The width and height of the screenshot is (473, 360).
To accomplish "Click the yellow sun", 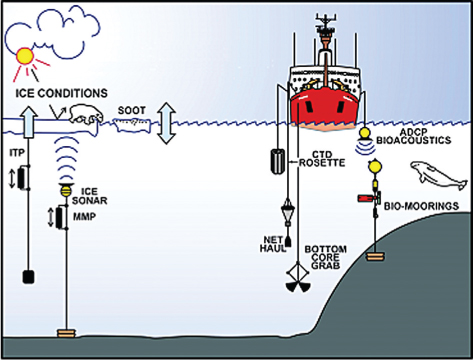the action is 25,56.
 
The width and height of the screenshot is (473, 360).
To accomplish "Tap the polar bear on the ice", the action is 86,115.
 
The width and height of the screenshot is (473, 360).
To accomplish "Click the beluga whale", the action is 438,175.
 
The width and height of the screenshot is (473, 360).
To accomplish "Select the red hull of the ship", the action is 324,107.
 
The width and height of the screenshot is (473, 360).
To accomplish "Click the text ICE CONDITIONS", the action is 62,93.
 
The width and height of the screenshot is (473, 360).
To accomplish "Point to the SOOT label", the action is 132,110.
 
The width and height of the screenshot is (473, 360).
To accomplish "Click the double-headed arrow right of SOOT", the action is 167,123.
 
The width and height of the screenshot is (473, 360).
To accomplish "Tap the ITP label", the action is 17,153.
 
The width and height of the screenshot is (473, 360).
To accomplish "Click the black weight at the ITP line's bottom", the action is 28,276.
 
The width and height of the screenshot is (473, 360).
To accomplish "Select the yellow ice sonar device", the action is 66,190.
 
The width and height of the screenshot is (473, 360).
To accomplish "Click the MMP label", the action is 85,217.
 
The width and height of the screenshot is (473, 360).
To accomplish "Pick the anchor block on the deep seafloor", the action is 67,333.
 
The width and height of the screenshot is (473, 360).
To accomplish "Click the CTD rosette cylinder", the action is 277,162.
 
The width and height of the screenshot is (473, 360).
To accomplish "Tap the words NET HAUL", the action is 274,244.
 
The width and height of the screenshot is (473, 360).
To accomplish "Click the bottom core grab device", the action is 298,278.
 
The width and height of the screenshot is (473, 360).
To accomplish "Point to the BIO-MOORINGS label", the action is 421,206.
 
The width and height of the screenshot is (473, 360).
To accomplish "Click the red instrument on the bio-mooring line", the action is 369,198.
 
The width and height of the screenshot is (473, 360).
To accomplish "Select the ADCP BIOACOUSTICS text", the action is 413,136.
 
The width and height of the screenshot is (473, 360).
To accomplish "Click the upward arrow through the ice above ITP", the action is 29,122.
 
